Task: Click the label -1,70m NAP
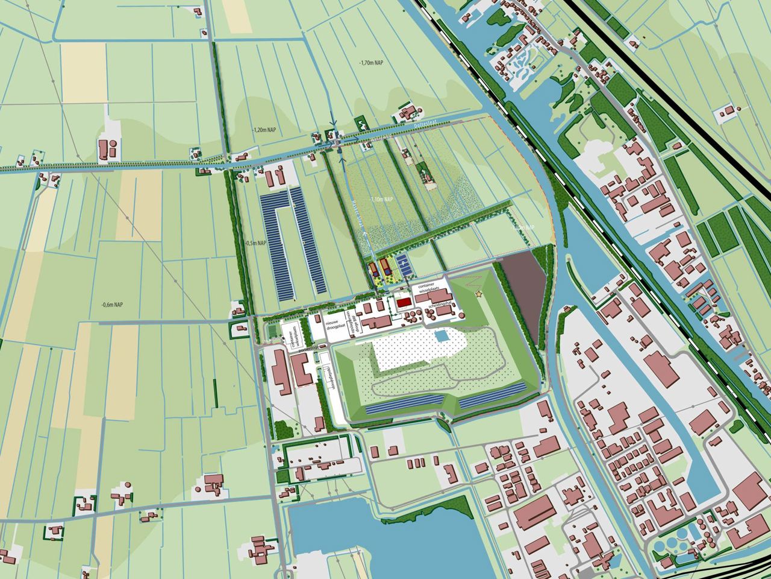[371, 63]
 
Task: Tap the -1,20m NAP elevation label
[265, 130]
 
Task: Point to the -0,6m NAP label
[113, 304]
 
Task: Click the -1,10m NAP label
[381, 199]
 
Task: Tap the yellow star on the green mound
[479, 294]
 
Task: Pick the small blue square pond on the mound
[442, 335]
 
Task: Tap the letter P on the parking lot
[404, 264]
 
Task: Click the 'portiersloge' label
[307, 349]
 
